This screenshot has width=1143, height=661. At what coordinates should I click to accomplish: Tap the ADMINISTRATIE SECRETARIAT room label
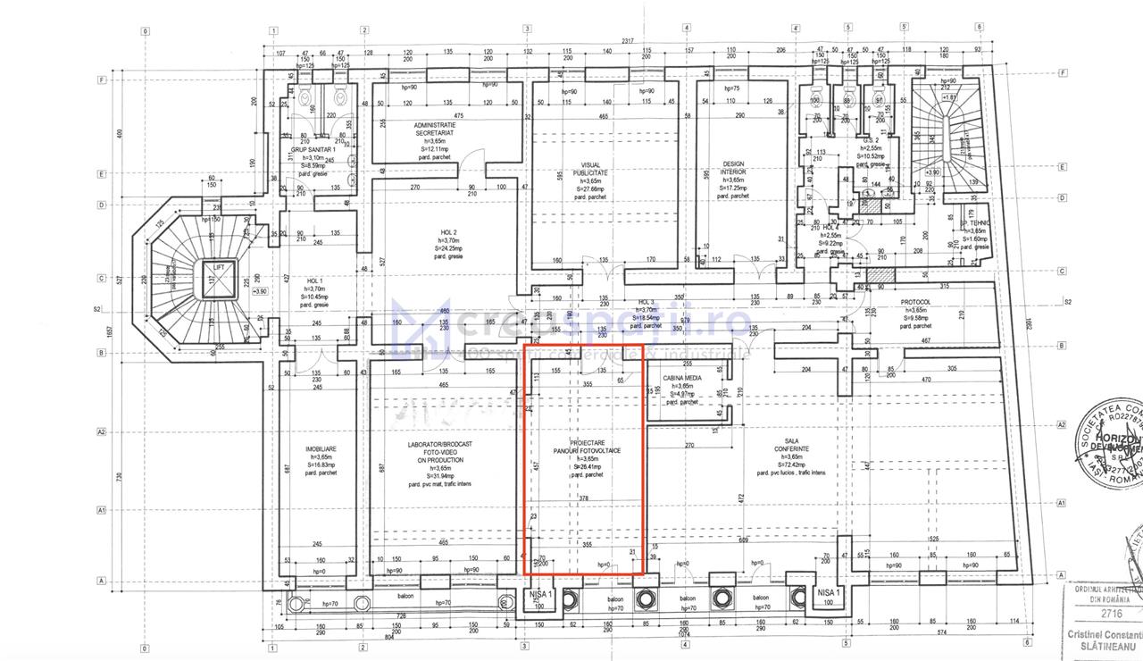coord(435,129)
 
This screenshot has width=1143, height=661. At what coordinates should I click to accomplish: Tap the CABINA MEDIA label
coord(681,378)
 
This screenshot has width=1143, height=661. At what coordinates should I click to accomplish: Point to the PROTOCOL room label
coord(914,302)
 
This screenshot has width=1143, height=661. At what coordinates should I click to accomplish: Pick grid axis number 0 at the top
coord(144,29)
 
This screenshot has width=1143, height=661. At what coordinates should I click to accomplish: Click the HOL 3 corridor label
coord(647,302)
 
